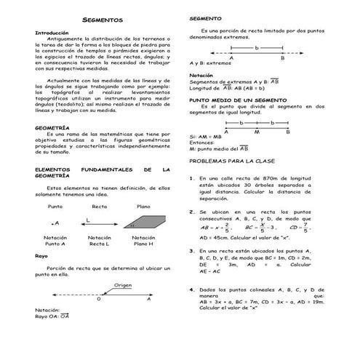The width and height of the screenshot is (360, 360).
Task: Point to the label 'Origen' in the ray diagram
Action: [x=123, y=285]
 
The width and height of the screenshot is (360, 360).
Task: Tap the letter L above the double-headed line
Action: [x=88, y=218]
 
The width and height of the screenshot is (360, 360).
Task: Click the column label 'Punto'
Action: [x=55, y=207]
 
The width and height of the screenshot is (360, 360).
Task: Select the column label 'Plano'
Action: [x=144, y=207]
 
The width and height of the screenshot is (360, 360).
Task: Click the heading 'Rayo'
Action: [x=41, y=256]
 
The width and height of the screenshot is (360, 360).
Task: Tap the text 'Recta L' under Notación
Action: [x=100, y=244]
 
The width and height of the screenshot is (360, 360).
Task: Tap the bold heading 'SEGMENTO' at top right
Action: [x=204, y=17]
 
